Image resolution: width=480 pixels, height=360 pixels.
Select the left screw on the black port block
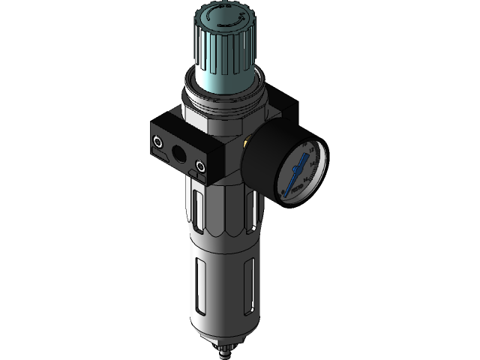(158, 139)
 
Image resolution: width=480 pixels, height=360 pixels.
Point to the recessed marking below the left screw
(161, 156)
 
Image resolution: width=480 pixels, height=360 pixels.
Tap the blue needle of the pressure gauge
(299, 163)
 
